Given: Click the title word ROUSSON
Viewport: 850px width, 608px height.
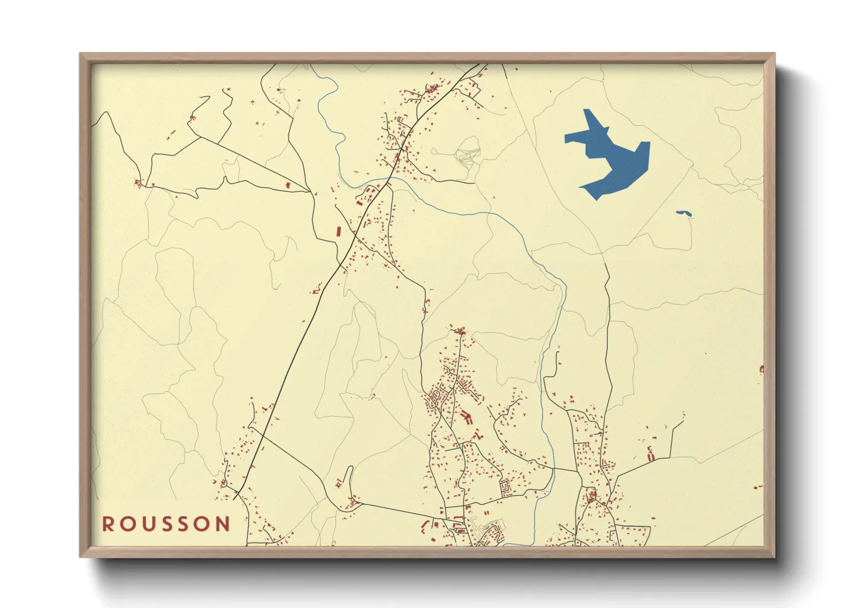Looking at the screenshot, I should tap(167, 524).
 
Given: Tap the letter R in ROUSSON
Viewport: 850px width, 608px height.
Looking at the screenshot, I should tap(107, 524).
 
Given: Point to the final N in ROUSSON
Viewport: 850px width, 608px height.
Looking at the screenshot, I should tap(223, 524).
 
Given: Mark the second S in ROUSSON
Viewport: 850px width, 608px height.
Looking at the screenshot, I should tap(185, 524).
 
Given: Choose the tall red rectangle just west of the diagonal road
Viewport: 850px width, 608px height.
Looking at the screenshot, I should tap(338, 232).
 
